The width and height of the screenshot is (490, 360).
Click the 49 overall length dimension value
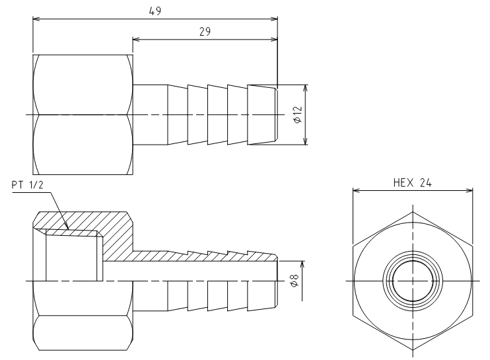point(155,11)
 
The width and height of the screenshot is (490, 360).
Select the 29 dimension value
point(205,32)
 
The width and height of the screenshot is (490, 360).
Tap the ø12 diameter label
point(298,115)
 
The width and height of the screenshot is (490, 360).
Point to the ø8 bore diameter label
point(295,280)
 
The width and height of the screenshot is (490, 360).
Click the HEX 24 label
point(413,182)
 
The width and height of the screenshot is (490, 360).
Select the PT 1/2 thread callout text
point(27,185)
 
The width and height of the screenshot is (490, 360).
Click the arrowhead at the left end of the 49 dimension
point(36,18)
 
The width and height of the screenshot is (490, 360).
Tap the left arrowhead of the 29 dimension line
point(136,39)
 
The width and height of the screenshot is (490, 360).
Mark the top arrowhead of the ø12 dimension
point(306,88)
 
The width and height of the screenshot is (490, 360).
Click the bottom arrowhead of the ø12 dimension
point(306,141)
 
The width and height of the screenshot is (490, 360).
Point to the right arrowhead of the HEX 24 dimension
point(470,190)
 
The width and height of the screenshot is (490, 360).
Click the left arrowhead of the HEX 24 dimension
point(357,190)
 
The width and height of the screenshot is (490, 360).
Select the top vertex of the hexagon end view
point(413,212)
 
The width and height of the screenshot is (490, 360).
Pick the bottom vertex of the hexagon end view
point(413,350)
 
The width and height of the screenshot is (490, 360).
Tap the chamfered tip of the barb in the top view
point(276,115)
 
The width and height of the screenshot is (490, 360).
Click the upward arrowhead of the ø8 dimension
point(302,265)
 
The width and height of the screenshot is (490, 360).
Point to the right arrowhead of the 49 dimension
point(274,18)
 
